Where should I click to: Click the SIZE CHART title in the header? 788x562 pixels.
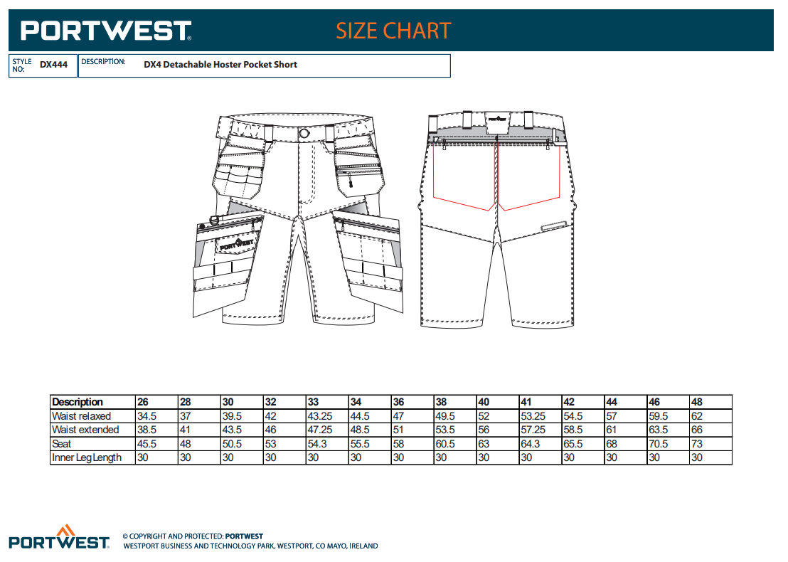pyautogui.click(x=393, y=31)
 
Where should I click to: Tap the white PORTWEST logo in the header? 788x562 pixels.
pyautogui.click(x=106, y=31)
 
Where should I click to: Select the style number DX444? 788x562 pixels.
pyautogui.click(x=54, y=65)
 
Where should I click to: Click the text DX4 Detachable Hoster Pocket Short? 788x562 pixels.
pyautogui.click(x=220, y=64)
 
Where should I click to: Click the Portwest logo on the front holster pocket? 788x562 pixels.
pyautogui.click(x=237, y=244)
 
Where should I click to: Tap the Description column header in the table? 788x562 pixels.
pyautogui.click(x=78, y=402)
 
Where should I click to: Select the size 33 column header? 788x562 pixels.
pyautogui.click(x=313, y=402)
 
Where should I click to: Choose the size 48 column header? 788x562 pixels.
pyautogui.click(x=696, y=402)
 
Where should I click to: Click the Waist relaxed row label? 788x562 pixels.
pyautogui.click(x=81, y=416)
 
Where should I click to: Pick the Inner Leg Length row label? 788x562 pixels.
pyautogui.click(x=87, y=457)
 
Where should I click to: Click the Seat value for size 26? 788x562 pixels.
pyautogui.click(x=147, y=444)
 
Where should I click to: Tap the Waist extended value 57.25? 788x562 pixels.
pyautogui.click(x=533, y=430)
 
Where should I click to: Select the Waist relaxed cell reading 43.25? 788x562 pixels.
pyautogui.click(x=320, y=416)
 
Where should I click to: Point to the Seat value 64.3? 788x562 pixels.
pyautogui.click(x=530, y=444)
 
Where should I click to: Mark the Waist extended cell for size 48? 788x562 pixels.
pyautogui.click(x=696, y=430)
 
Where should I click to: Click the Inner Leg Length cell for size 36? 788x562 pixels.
pyautogui.click(x=398, y=457)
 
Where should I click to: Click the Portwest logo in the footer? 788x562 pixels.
pyautogui.click(x=59, y=537)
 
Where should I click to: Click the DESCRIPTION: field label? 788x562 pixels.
pyautogui.click(x=104, y=61)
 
